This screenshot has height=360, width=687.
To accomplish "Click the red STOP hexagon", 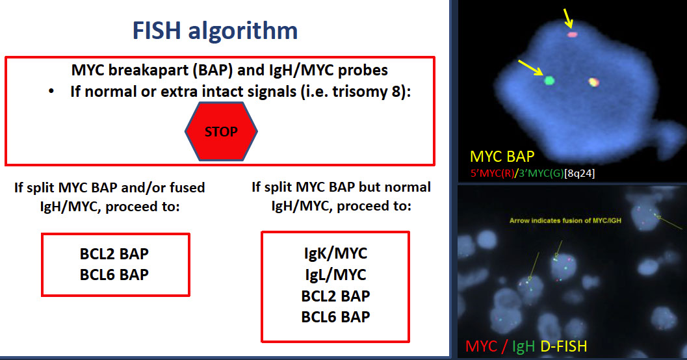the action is click(221, 131).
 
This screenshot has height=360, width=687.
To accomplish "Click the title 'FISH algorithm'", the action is click(215, 31).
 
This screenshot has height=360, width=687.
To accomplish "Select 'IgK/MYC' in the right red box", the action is click(335, 253).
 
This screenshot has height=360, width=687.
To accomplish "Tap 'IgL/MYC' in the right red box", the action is click(335, 275).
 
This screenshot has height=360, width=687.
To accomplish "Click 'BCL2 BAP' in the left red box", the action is click(114, 253).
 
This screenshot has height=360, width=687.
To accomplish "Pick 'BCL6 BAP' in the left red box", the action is click(114, 275).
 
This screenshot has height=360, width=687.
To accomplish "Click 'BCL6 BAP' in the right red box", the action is click(335, 316).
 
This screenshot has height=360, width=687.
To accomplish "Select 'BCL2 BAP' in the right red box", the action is click(335, 296).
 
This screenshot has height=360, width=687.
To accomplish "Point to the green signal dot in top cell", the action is click(549, 80).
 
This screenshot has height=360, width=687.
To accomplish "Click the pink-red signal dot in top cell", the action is click(572, 34).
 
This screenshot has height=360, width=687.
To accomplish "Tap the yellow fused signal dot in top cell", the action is click(593, 81).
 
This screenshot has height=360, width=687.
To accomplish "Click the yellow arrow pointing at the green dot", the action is click(530, 68).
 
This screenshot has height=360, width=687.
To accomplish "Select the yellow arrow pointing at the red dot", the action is click(568, 19).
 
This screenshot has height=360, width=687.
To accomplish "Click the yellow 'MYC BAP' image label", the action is click(502, 157).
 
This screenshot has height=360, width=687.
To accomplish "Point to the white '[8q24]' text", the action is click(579, 174).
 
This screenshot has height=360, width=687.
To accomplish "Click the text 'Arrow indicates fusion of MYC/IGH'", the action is click(565, 220).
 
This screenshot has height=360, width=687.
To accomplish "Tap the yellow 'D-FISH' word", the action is click(564, 346).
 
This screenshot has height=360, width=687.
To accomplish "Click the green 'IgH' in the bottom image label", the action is click(523, 346).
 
